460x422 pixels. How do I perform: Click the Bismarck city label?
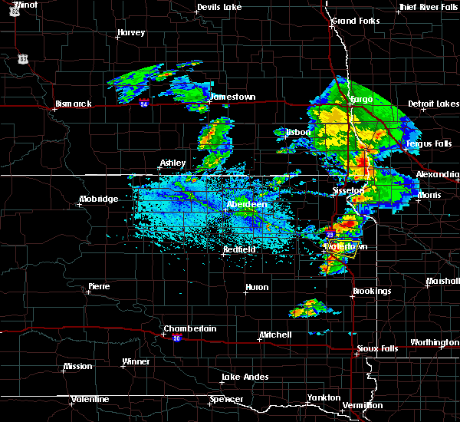[x=74, y=104]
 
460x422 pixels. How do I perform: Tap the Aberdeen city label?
[x=247, y=205]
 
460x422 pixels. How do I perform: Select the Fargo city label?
[x=361, y=100]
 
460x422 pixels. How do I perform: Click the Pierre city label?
[x=99, y=286]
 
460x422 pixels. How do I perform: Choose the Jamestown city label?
[x=233, y=97]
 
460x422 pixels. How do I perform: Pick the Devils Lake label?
[x=219, y=8]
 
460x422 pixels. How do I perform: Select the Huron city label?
[x=257, y=288]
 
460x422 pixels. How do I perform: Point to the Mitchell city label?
[x=275, y=335]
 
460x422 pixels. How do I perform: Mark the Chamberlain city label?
[x=190, y=328]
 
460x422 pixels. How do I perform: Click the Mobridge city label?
[x=99, y=199]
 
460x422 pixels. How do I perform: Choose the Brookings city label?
[x=373, y=291]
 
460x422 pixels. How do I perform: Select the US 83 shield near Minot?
[x=25, y=58]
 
